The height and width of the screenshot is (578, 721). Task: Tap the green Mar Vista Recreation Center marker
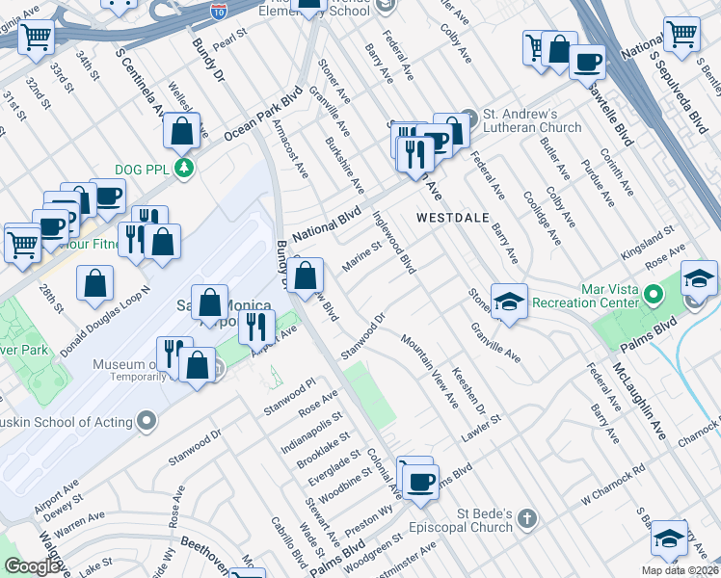(x=654, y=292)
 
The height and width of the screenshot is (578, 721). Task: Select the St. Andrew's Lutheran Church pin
(x=468, y=114)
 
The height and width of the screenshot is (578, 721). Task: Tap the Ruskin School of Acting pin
(x=147, y=421)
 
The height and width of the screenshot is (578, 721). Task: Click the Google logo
(x=32, y=566)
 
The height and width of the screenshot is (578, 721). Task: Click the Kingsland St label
(x=647, y=235)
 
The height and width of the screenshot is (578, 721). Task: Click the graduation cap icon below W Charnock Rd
(x=668, y=539)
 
